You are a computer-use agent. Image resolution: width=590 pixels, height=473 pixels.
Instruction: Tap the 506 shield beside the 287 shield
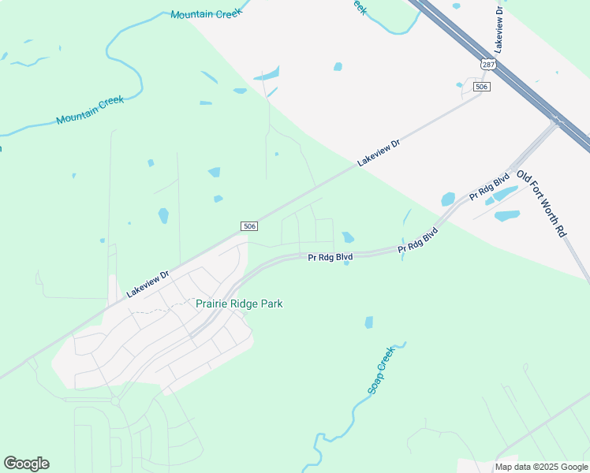click(482, 86)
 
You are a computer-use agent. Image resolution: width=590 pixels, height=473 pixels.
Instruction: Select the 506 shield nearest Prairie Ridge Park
click(249, 226)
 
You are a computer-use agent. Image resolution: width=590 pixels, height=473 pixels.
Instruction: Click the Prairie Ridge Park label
click(239, 304)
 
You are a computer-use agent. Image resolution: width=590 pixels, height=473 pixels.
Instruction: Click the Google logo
click(26, 464)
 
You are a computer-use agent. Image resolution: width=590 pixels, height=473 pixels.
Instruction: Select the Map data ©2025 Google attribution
click(541, 467)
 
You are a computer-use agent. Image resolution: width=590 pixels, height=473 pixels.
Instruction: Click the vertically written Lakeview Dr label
click(499, 30)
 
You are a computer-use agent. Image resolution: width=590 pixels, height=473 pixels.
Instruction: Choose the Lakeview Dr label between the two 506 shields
click(379, 152)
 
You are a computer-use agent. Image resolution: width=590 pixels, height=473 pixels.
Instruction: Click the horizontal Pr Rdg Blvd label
click(330, 257)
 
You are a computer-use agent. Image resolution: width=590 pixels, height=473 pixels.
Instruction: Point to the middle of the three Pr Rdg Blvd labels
click(418, 240)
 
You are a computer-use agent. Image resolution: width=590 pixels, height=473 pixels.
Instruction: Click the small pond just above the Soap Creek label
click(368, 322)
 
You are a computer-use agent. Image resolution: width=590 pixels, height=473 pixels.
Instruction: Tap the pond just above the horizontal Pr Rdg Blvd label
click(348, 236)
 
